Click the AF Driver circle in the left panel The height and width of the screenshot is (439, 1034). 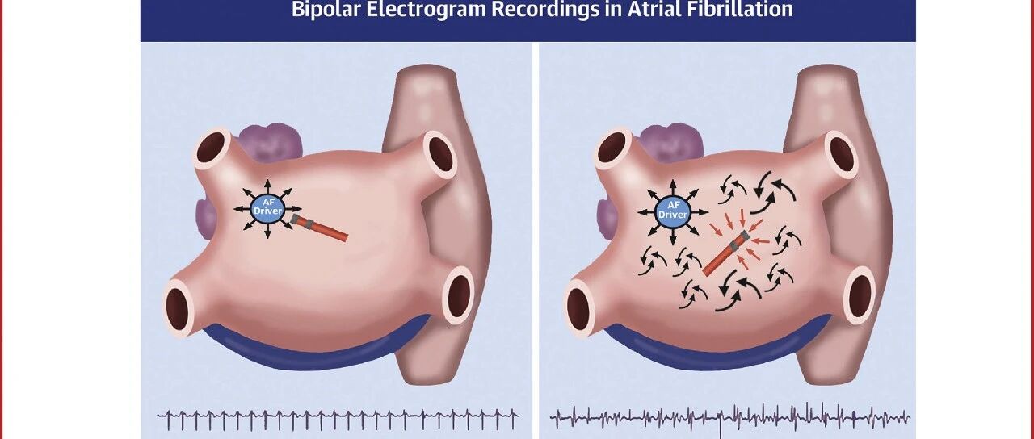point(267,209)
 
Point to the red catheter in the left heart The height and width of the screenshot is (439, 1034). point(319,228)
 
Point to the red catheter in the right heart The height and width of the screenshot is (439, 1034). point(725,253)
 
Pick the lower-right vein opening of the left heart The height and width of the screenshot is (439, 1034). point(460,295)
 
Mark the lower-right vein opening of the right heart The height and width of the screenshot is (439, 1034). point(861,295)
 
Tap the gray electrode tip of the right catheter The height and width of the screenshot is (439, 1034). point(743,236)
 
